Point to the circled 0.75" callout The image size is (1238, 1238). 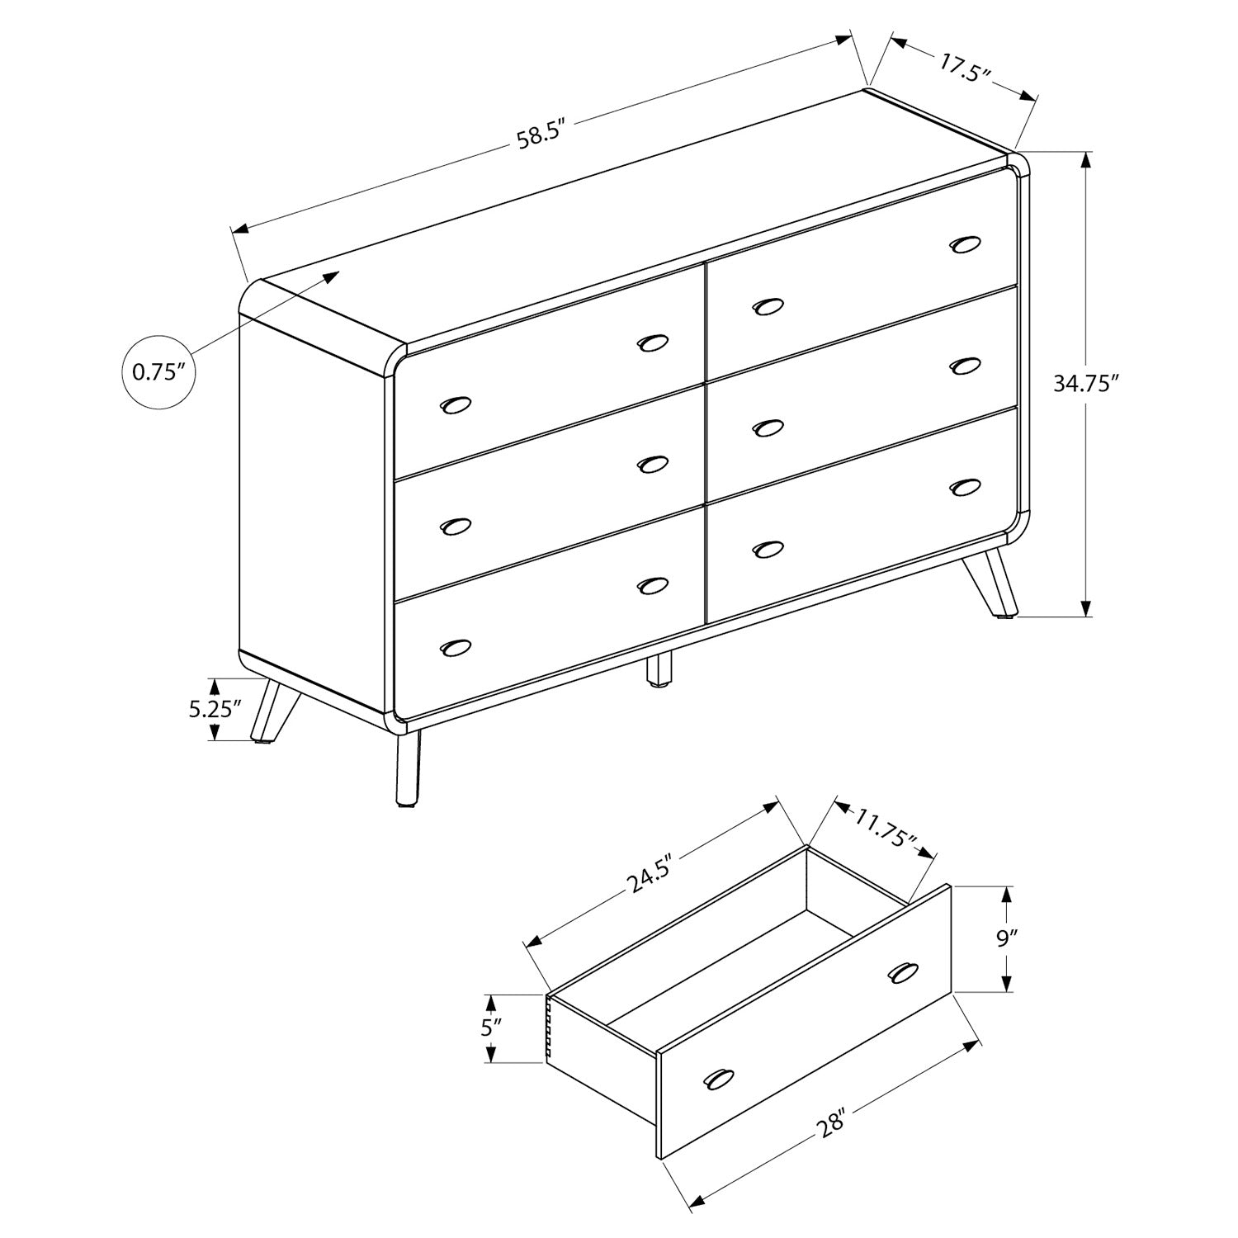click(164, 371)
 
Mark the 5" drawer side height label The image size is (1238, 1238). click(492, 1028)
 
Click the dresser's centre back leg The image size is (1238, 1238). click(658, 669)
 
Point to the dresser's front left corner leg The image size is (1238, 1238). click(408, 768)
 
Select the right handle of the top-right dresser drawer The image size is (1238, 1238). click(965, 244)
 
